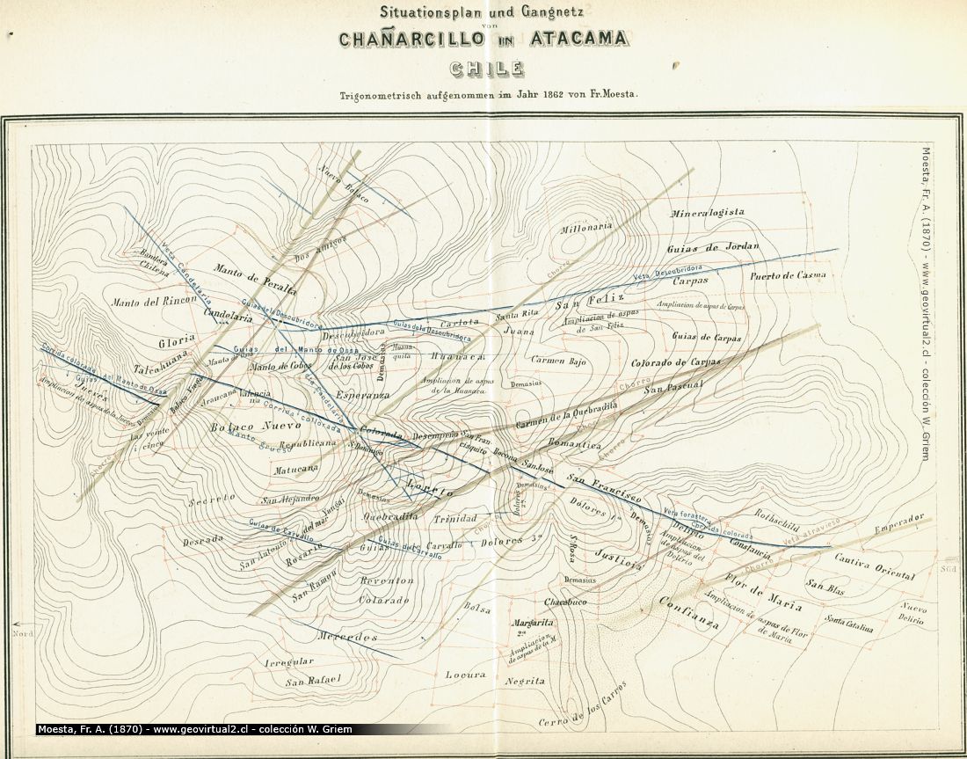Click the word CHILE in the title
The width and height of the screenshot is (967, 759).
486,69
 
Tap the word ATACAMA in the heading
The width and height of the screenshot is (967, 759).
574,39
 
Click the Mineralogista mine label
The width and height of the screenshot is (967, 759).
707,213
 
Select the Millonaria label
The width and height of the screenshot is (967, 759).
586,228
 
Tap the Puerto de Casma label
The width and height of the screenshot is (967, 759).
788,275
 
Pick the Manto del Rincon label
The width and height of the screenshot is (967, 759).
154,302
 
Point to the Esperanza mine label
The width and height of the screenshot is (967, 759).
362,396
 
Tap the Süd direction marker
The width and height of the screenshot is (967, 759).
948,569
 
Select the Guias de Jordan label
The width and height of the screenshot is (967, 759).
713,247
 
